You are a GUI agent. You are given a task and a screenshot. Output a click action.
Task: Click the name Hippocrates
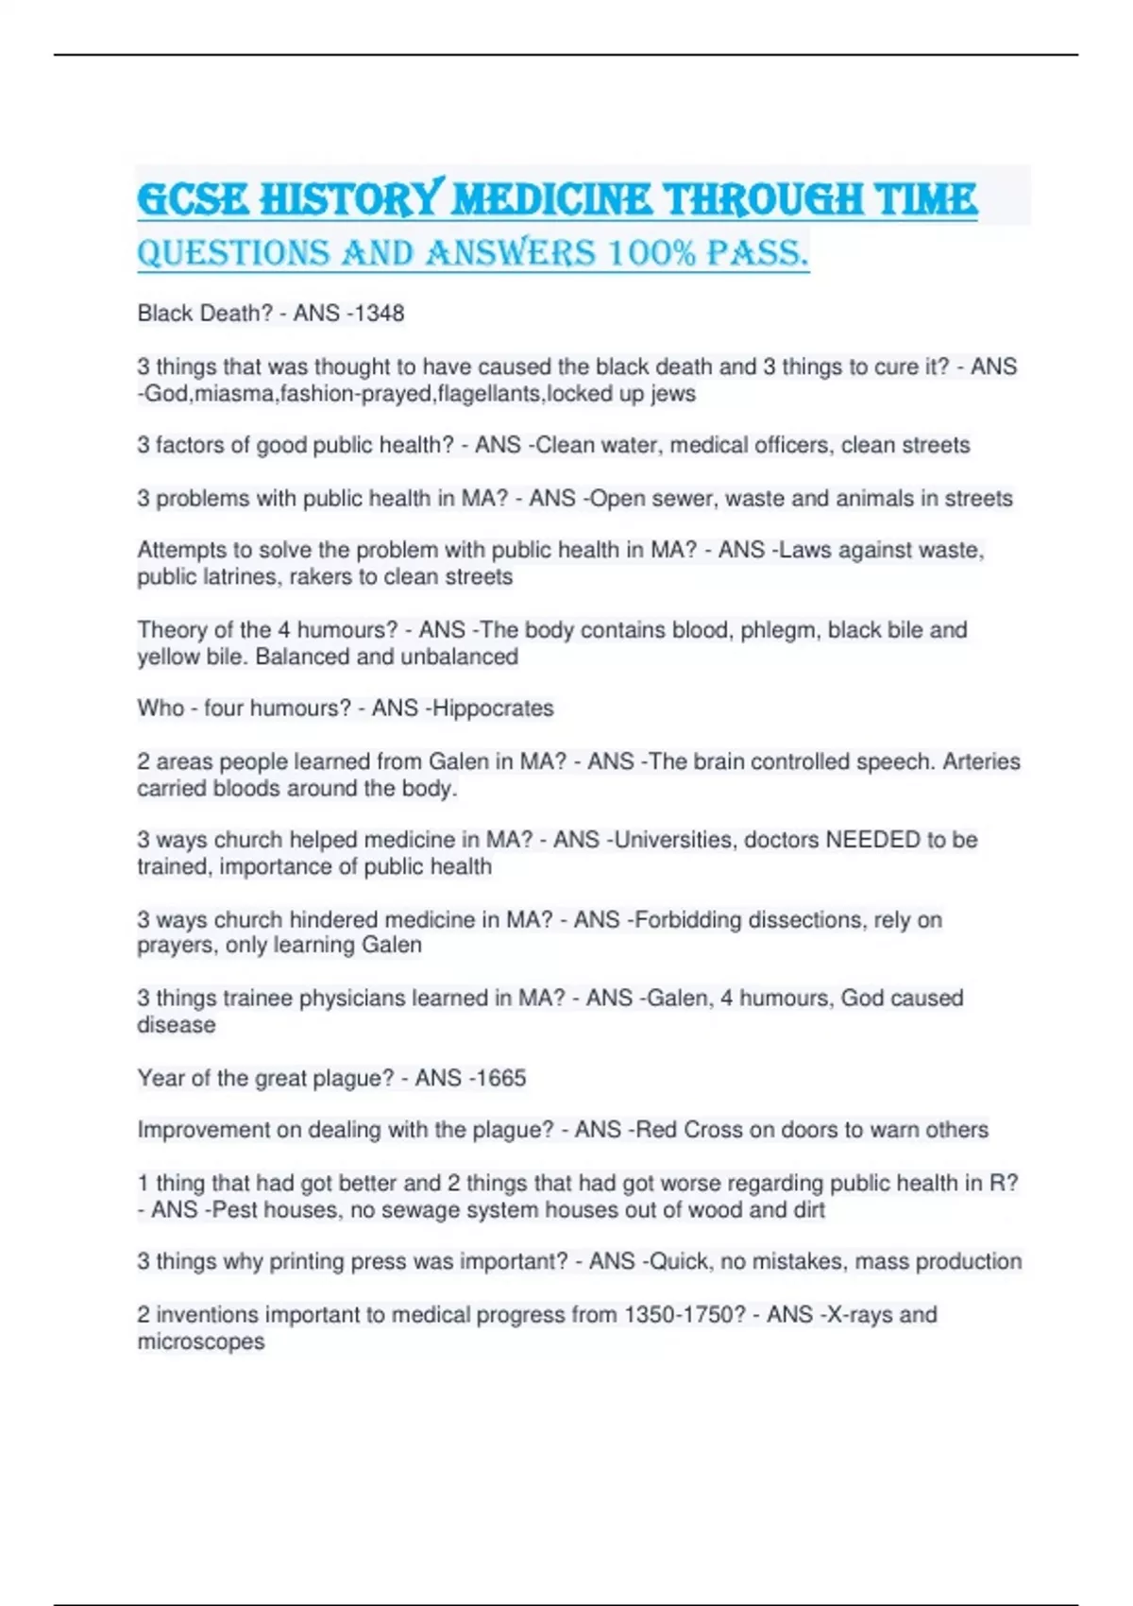493,709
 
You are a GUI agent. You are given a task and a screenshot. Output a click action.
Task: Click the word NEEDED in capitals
872,840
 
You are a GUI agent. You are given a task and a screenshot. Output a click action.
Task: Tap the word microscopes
201,1341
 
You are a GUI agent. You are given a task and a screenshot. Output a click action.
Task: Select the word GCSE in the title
194,199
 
